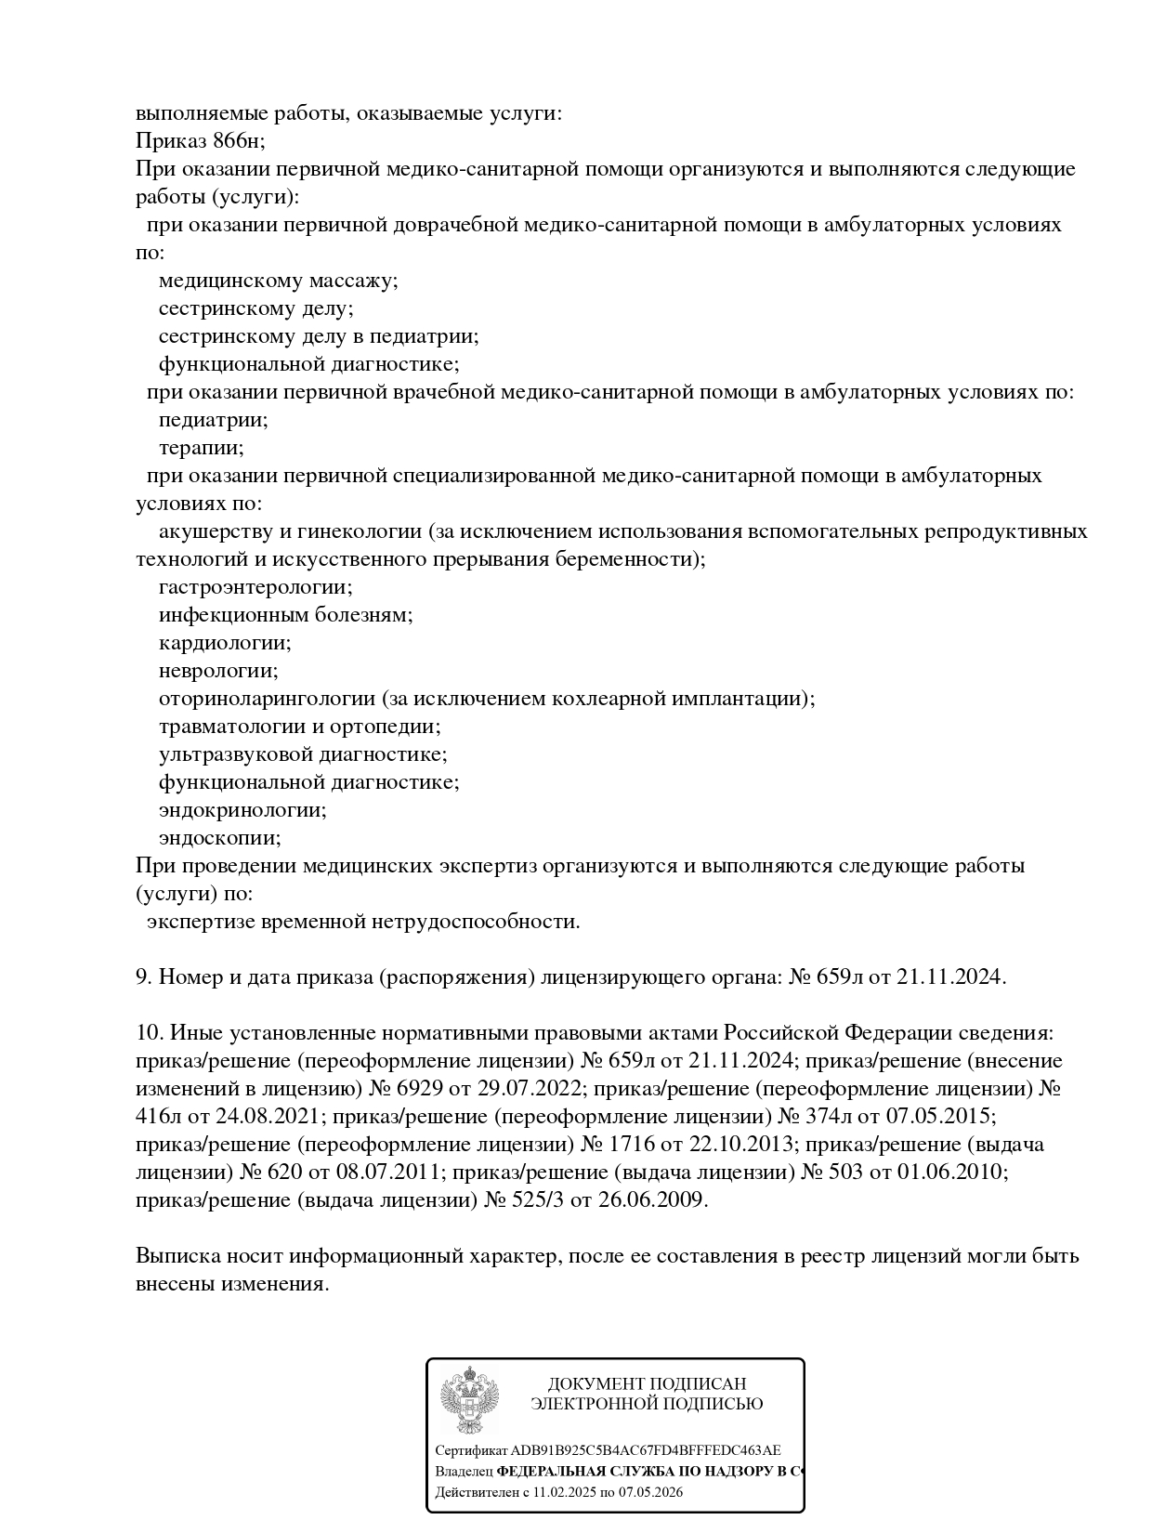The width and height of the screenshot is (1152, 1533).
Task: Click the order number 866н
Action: [x=239, y=141]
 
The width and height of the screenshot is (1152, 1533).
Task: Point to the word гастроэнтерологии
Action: [x=255, y=587]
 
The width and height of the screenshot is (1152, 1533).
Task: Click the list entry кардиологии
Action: [x=225, y=643]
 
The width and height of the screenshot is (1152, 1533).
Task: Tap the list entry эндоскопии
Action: [x=219, y=838]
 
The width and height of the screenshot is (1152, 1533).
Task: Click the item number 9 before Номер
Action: [x=142, y=977]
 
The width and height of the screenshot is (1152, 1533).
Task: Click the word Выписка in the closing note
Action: [x=177, y=1256]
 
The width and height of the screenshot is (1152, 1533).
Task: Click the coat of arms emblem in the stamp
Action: [x=469, y=1400]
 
